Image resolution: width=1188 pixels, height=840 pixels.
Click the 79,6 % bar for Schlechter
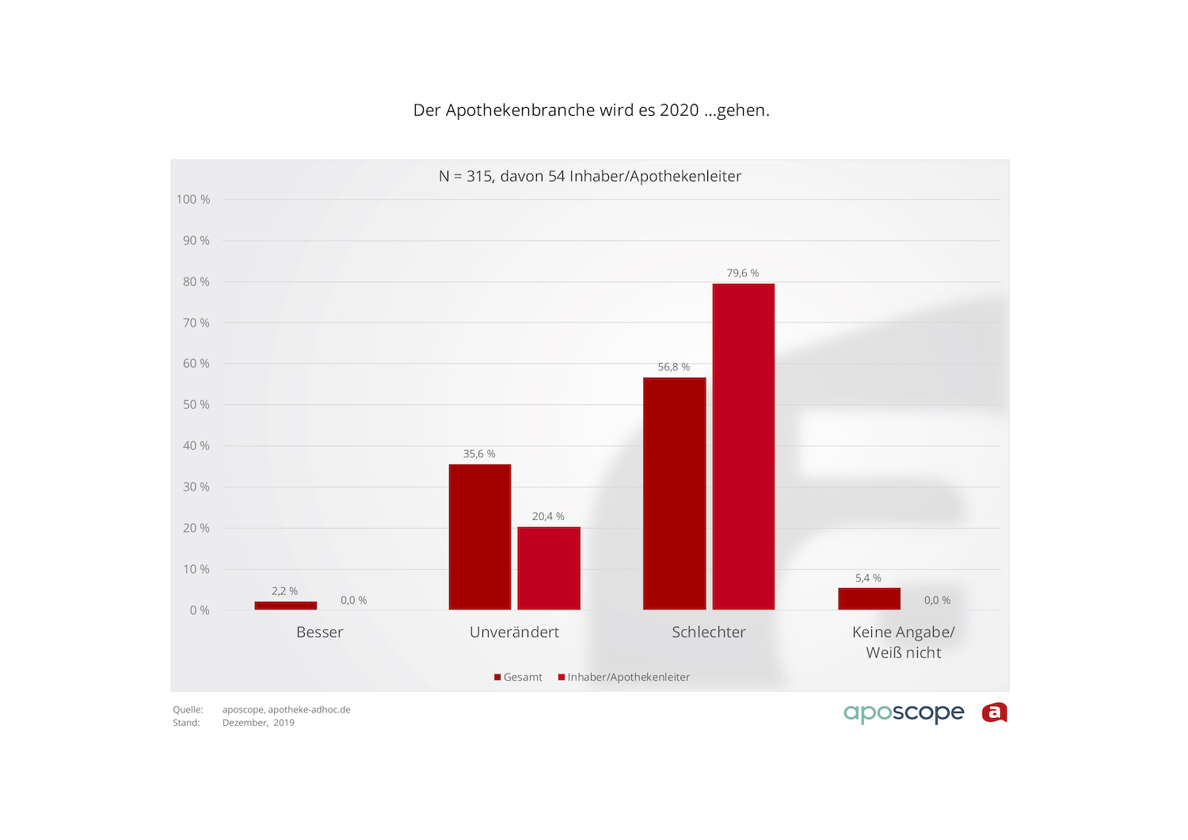[743, 446]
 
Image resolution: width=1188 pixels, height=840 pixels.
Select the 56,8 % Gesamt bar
[674, 494]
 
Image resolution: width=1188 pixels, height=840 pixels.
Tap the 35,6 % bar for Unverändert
[479, 536]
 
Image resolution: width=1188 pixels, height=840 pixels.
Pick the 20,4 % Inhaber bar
[548, 568]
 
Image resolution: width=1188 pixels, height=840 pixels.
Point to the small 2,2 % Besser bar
[285, 605]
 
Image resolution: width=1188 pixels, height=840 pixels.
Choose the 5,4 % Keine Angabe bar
[869, 599]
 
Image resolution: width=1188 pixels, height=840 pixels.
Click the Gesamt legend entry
[519, 678]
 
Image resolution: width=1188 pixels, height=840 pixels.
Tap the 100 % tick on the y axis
[192, 200]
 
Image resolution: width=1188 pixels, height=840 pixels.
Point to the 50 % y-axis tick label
[196, 405]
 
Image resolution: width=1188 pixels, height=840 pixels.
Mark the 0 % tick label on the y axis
[200, 610]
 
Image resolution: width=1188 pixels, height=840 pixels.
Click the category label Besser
[319, 632]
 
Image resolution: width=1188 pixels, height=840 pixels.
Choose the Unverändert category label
[514, 632]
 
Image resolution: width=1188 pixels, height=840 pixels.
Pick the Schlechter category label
[708, 632]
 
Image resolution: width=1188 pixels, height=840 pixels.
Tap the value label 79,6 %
[743, 273]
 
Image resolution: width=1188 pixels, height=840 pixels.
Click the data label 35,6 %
[479, 454]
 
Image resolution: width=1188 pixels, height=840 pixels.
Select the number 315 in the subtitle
[479, 177]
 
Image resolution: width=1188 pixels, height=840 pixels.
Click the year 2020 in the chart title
[679, 110]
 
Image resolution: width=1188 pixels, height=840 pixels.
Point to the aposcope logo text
[904, 713]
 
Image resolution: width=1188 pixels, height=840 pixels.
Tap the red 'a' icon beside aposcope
[994, 713]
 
